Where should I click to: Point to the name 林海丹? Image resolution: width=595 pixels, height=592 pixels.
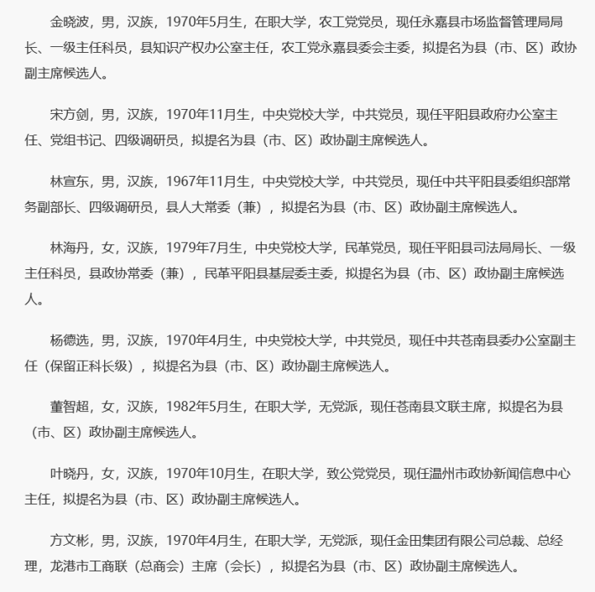pyautogui.click(x=69, y=247)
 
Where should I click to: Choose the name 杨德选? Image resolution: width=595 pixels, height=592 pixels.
pyautogui.click(x=69, y=339)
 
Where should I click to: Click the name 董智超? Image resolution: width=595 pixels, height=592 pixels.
pyautogui.click(x=69, y=405)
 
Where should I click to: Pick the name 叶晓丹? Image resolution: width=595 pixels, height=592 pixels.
pyautogui.click(x=69, y=475)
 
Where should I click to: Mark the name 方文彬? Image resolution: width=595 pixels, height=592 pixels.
pyautogui.click(x=69, y=542)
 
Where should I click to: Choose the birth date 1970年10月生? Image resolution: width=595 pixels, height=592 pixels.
pyautogui.click(x=207, y=475)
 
